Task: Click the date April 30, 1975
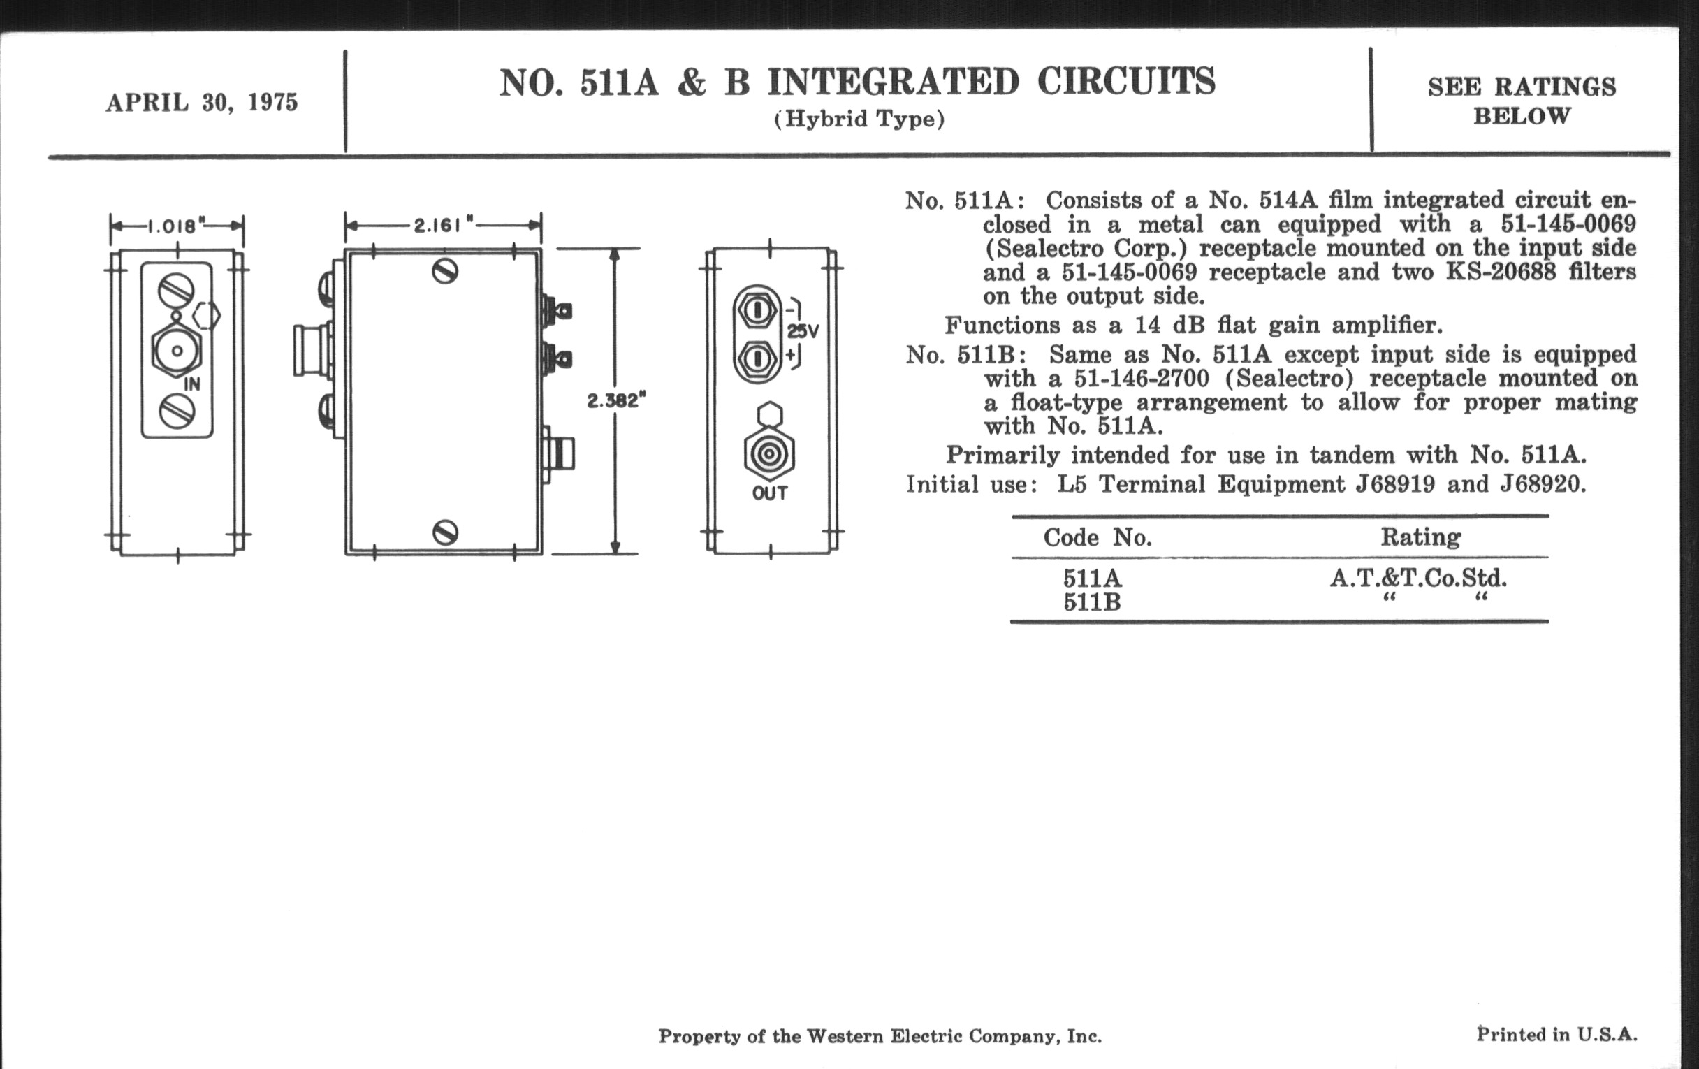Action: point(202,103)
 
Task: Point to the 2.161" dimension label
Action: point(443,225)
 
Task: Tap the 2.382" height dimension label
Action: point(617,401)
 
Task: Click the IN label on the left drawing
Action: point(192,384)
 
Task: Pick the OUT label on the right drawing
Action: point(770,493)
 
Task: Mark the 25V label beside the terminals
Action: point(803,331)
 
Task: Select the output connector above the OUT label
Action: point(769,453)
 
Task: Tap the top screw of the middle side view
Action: point(444,272)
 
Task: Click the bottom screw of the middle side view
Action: point(444,532)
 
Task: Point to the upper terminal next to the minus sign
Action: point(757,310)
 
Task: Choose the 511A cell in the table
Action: point(1092,579)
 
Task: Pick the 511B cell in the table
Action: point(1092,602)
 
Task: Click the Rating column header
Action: point(1421,538)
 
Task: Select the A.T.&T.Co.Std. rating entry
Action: point(1419,579)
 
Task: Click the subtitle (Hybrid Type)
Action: point(859,119)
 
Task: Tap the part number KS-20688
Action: point(1501,272)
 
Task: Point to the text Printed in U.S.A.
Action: point(1557,1035)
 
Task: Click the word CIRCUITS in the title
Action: point(1127,82)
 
